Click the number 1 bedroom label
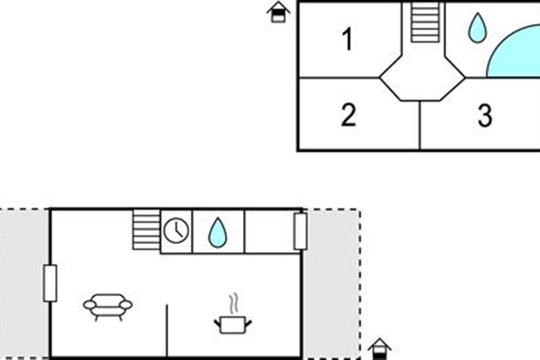(347, 39)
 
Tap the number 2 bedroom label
(349, 115)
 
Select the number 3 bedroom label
(485, 115)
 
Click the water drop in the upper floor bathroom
(477, 28)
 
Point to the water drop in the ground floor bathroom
(218, 233)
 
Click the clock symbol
(176, 230)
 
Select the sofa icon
(108, 307)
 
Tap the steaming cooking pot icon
(233, 314)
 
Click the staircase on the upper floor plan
(425, 22)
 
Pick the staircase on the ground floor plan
(146, 229)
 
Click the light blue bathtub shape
(513, 52)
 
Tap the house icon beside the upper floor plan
(278, 12)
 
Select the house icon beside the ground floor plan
(380, 349)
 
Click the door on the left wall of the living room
(50, 283)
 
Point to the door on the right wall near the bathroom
(301, 231)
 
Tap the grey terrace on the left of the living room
(24, 284)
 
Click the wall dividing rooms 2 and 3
(420, 126)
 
